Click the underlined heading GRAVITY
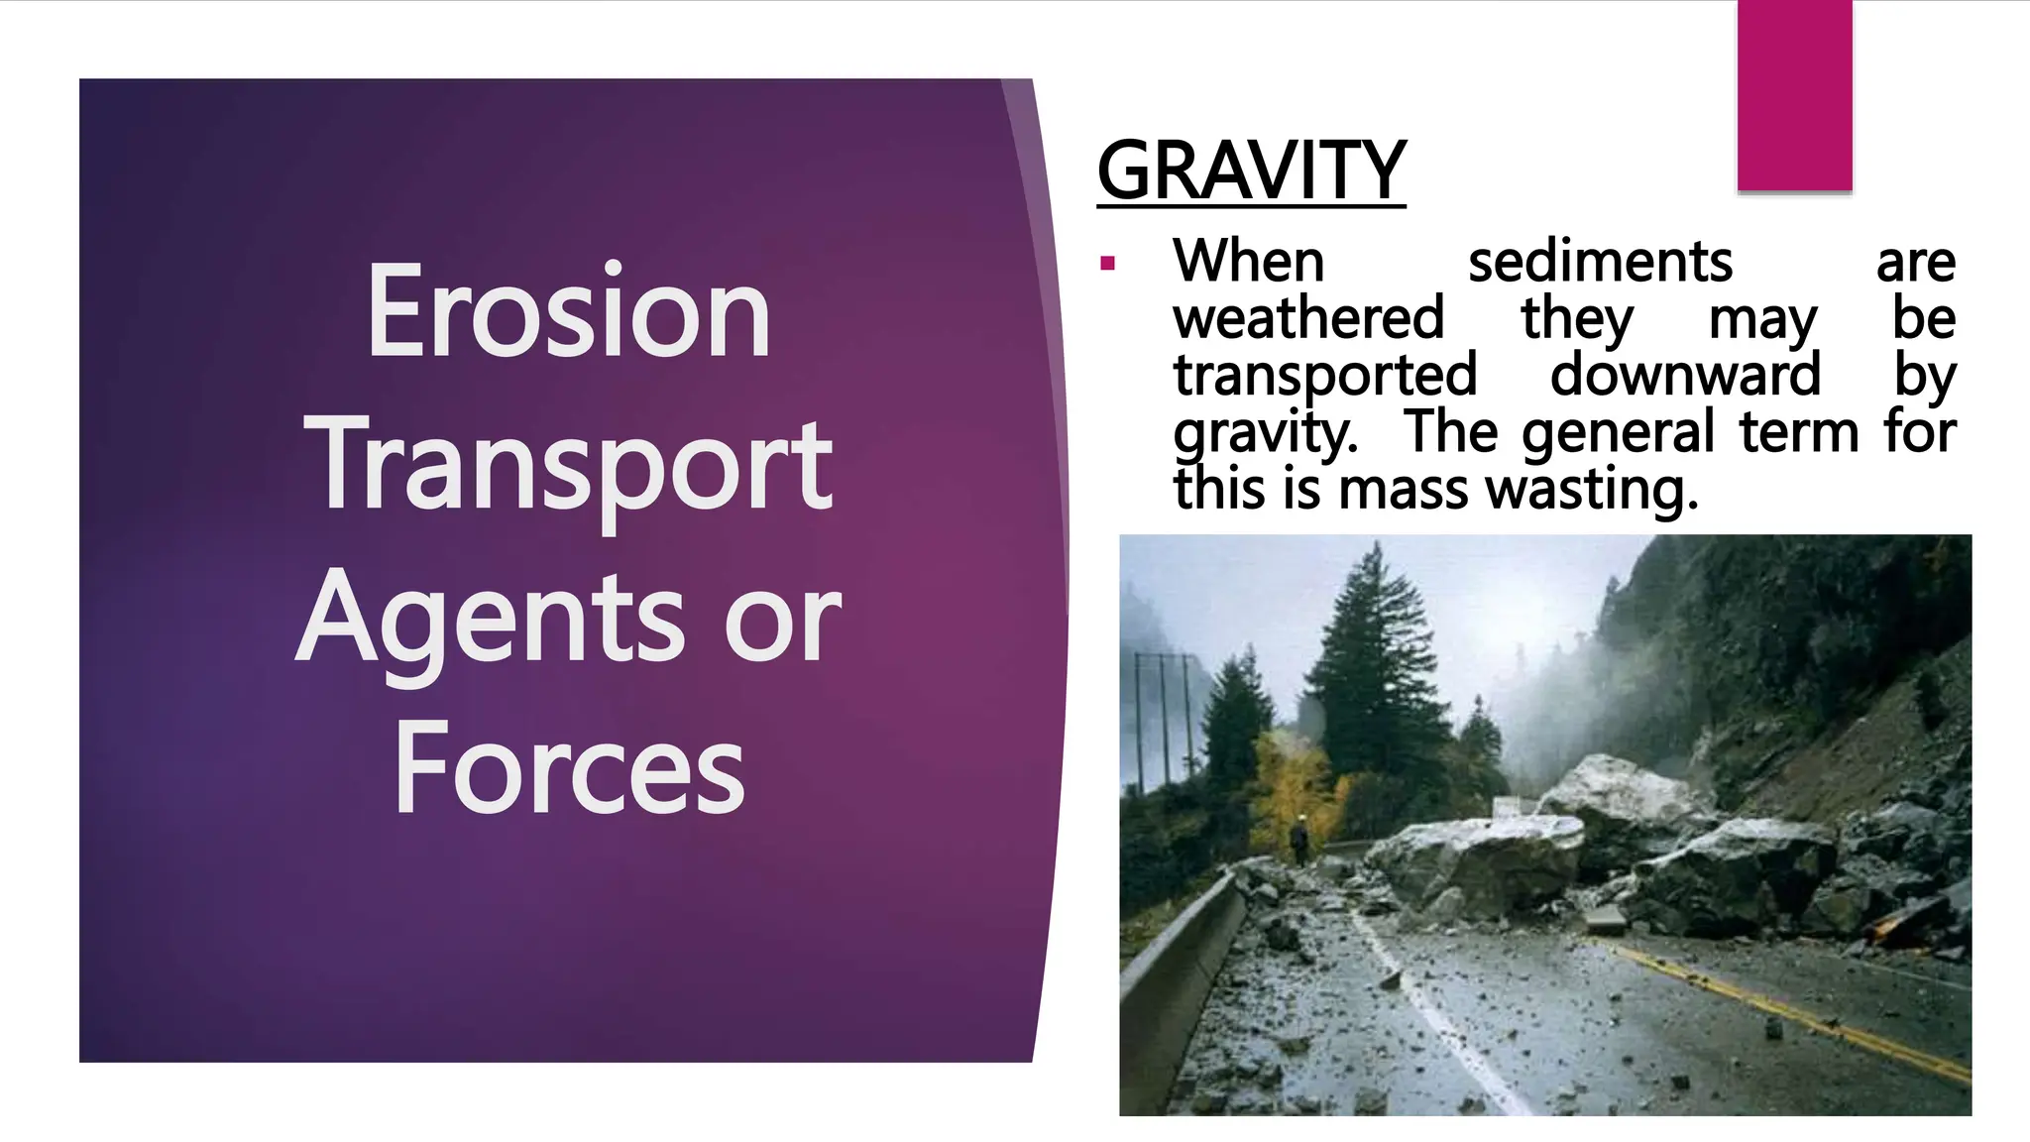coord(1251,171)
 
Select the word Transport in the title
coord(572,464)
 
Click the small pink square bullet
coord(1108,264)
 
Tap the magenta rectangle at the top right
coord(1794,94)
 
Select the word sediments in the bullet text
coord(1599,262)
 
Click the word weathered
coord(1308,318)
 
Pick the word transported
coord(1325,375)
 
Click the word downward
coord(1685,375)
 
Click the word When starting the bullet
coord(1248,262)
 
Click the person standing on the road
coord(1299,840)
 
